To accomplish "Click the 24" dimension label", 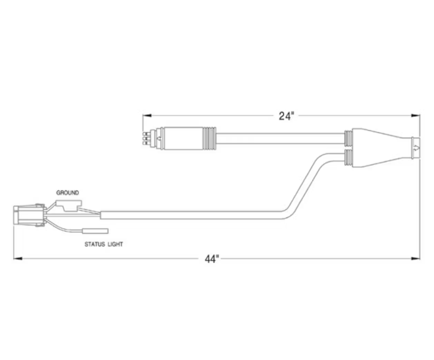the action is pyautogui.click(x=285, y=116).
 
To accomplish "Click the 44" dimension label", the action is pyautogui.click(x=212, y=259).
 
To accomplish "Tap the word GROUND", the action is pyautogui.click(x=67, y=193).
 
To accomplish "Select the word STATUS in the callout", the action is pyautogui.click(x=94, y=244).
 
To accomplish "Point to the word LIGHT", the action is pyautogui.click(x=115, y=244).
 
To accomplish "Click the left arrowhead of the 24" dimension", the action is pyautogui.click(x=147, y=116).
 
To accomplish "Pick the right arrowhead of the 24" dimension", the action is pyautogui.click(x=416, y=116).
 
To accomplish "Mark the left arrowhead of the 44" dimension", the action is pyautogui.click(x=18, y=258).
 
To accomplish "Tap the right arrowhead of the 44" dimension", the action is pyautogui.click(x=416, y=258).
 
